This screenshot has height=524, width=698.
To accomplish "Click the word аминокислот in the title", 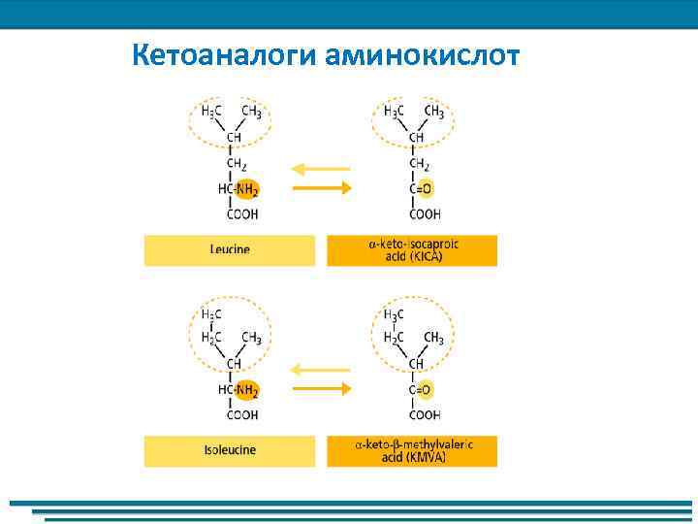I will point(424,56).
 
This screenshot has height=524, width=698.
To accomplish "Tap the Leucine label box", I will point(230,250).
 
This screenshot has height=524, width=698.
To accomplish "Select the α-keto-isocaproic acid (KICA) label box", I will point(412,250).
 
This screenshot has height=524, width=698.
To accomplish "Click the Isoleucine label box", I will point(230,451).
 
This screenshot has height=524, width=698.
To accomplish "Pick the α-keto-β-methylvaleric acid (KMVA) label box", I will point(412,451).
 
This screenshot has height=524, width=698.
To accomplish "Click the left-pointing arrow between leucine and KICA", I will point(320,169).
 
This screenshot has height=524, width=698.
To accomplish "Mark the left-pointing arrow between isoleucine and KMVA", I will point(320,370).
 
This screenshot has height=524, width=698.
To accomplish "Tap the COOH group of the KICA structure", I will point(425,214).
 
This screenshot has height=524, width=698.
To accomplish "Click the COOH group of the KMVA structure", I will point(425,415).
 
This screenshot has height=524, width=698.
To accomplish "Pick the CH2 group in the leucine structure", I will point(237,164).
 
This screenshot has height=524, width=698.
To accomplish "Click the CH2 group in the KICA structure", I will point(419,164).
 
